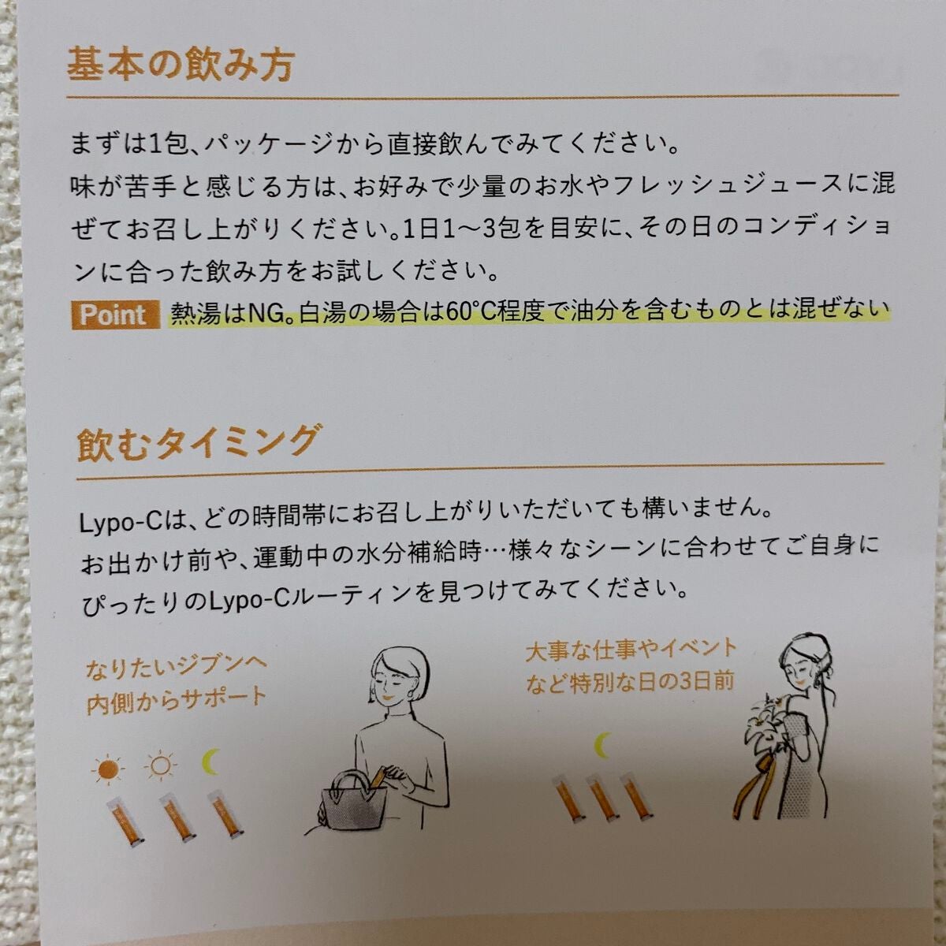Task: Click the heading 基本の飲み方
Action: (x=181, y=65)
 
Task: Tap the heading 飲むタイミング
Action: (x=196, y=443)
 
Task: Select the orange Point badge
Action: (x=116, y=315)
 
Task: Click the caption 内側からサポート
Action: (x=177, y=701)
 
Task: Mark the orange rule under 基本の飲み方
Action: (x=482, y=96)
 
